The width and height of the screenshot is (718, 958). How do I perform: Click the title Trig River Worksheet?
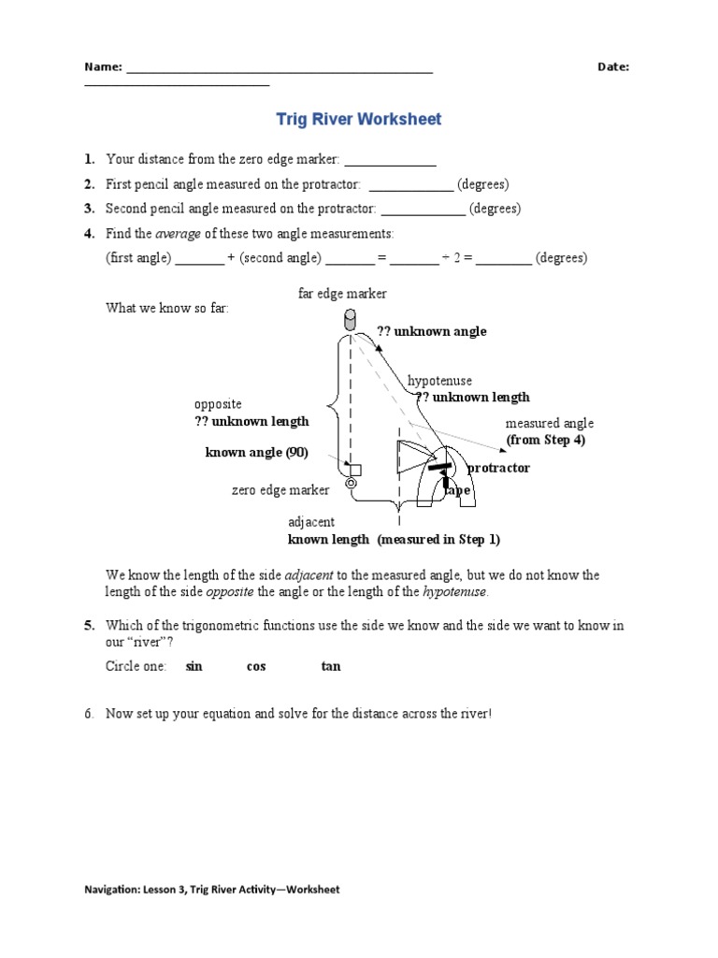point(359,120)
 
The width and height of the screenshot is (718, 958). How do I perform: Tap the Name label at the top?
point(103,66)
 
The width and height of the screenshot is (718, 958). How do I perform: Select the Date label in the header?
point(612,66)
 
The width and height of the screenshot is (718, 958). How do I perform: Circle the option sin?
point(194,666)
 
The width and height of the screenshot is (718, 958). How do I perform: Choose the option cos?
point(256,666)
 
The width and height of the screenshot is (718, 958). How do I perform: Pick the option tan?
point(331,666)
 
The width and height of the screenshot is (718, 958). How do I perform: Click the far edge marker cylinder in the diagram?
point(351,320)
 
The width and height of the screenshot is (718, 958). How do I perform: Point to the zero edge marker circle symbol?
point(351,484)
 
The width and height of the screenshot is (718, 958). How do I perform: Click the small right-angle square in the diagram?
point(354,469)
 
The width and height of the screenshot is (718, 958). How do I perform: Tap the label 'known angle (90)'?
point(256,453)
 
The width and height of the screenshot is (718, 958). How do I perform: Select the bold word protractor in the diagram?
point(498,468)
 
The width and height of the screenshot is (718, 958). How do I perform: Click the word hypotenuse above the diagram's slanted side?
point(439,382)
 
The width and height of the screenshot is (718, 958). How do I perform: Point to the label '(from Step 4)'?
point(545,440)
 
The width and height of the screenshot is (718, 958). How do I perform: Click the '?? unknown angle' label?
point(431,331)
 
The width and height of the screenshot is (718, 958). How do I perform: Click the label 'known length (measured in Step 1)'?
point(394,539)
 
